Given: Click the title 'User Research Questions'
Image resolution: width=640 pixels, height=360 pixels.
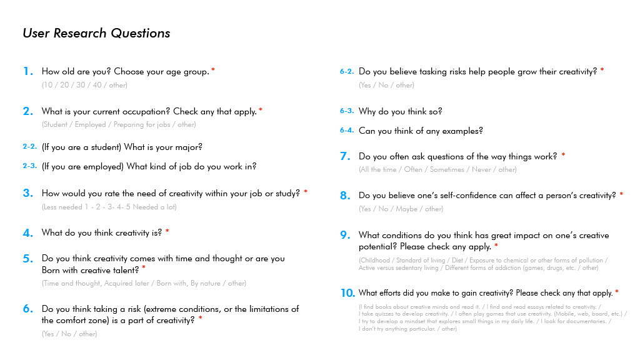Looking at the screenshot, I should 96,33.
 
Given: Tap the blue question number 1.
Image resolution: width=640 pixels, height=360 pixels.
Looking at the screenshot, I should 27,72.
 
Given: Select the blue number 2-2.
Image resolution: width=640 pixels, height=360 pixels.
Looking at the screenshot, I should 29,147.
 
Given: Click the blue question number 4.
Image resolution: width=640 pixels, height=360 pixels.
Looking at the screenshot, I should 27,233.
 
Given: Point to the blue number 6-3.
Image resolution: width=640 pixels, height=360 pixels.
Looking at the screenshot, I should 347,111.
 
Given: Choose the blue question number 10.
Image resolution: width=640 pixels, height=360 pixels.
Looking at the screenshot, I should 347,293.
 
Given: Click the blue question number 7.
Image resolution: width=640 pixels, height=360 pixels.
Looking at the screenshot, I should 344,157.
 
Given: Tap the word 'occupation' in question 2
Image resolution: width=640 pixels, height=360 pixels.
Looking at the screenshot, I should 147,111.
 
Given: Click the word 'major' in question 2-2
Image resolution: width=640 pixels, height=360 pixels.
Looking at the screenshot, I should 188,147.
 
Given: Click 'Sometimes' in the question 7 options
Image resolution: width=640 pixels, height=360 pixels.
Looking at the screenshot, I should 447,169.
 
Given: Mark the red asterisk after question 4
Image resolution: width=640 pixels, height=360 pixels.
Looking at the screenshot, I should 167,232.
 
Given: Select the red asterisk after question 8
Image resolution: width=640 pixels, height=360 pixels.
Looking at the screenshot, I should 621,194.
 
